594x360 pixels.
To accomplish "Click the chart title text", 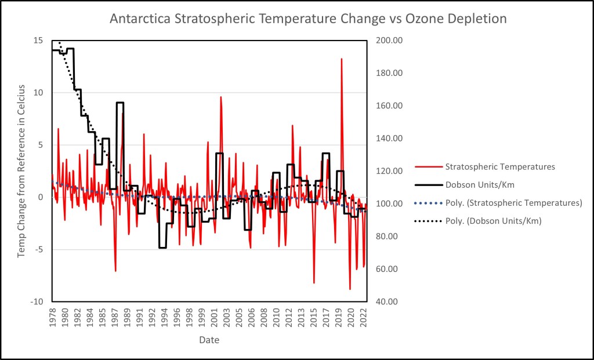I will click(308, 19).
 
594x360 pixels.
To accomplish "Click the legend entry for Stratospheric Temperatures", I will click(500, 167).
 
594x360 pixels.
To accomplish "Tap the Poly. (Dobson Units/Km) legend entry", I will click(493, 221).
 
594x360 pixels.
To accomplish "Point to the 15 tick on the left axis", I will click(38, 41).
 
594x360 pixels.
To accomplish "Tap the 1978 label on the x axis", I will click(53, 318).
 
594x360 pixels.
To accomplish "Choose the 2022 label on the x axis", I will click(363, 318).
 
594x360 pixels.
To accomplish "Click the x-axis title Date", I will click(209, 339).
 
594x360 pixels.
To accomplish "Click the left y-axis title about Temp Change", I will click(21, 171).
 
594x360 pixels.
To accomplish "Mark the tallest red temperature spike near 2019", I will click(342, 59).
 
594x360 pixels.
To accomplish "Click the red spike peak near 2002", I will click(221, 97).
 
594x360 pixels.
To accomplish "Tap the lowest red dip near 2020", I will click(350, 289).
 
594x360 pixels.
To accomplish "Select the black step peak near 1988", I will click(120, 103).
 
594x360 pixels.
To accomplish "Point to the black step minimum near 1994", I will click(162, 248).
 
